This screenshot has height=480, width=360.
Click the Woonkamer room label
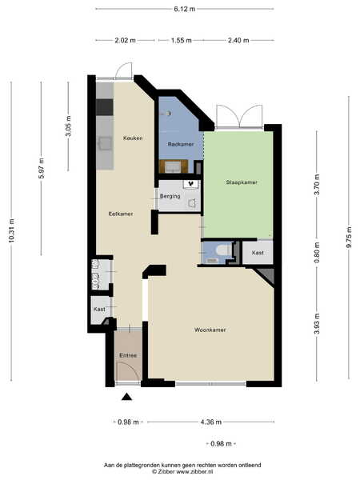[210, 330]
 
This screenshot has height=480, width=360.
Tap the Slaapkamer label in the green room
[242, 182]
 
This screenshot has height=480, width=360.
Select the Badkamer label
[181, 144]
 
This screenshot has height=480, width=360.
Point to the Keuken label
[133, 138]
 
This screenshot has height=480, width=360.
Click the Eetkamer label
[121, 214]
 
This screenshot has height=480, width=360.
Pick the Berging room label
[170, 196]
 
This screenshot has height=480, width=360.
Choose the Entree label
[128, 355]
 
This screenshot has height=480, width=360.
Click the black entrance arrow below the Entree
[126, 397]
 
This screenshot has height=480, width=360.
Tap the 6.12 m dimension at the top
[184, 9]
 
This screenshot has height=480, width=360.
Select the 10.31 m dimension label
[12, 231]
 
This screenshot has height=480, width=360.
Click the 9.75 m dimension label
[349, 237]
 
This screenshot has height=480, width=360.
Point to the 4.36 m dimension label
[210, 422]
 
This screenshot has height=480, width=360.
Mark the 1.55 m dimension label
[182, 40]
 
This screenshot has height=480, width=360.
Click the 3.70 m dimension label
[317, 184]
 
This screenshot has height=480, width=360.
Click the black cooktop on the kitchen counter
[104, 107]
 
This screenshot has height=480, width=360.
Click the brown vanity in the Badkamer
[174, 166]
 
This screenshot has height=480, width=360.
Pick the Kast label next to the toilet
[258, 253]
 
